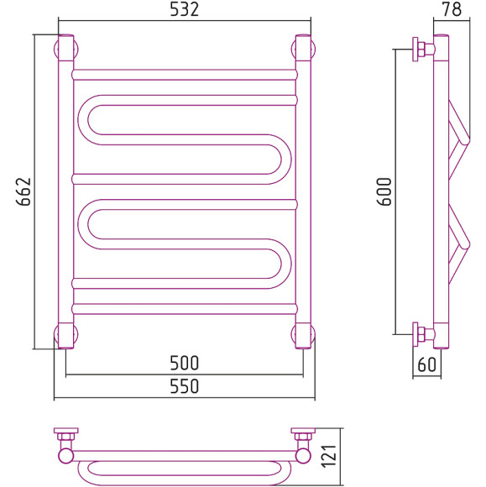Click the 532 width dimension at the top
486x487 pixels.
184,9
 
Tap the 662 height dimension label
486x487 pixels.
24,191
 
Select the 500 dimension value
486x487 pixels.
184,363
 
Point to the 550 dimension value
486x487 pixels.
184,386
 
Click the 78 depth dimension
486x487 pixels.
452,9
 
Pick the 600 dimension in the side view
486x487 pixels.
384,191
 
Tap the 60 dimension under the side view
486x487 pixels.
427,364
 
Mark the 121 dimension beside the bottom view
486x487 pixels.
329,457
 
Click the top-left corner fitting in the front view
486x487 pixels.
65,48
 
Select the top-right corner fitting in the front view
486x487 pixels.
303,48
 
